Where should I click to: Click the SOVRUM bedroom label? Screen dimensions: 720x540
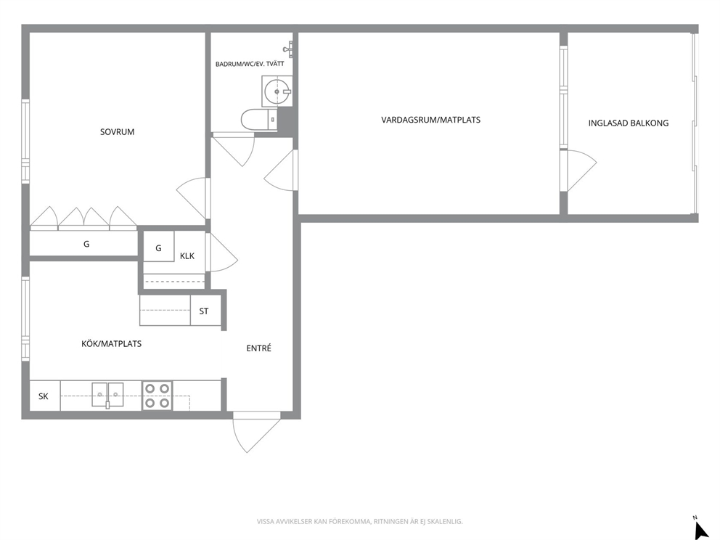point(117,132)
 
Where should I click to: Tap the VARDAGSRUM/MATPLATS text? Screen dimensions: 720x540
point(430,120)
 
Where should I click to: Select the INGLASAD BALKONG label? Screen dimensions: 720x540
point(628,123)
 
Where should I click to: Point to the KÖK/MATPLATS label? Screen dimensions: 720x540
point(111,343)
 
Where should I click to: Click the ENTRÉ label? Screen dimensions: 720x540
point(258,348)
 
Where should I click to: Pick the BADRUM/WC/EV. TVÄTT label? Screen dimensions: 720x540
point(250,64)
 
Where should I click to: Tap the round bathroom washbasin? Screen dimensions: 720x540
point(277,92)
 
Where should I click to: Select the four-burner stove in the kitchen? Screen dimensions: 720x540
point(157,396)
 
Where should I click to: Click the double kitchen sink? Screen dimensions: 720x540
point(107,394)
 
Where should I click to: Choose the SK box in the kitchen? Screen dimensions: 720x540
point(44,396)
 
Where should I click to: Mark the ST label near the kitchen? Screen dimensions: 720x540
point(204,311)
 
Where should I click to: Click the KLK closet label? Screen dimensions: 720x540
point(187,255)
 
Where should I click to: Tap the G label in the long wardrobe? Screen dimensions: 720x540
point(86,244)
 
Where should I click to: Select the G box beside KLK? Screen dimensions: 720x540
point(159,247)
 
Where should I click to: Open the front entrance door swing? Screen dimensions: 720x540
point(256,432)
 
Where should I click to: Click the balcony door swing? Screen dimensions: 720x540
point(581,171)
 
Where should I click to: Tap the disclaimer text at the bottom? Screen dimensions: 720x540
point(359,521)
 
